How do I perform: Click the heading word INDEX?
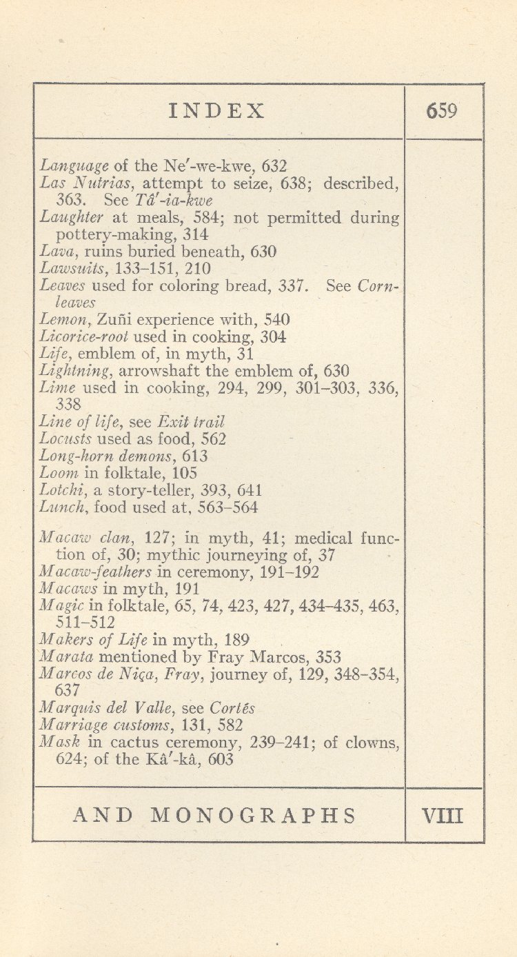[x=217, y=112]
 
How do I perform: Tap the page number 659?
[x=442, y=111]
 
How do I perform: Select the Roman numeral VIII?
[x=443, y=816]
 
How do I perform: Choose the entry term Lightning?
[x=71, y=372]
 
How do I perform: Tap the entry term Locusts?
[x=66, y=439]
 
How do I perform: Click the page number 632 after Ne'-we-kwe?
[x=274, y=166]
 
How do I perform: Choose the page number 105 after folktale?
[x=184, y=474]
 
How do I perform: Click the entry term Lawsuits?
[x=67, y=269]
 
